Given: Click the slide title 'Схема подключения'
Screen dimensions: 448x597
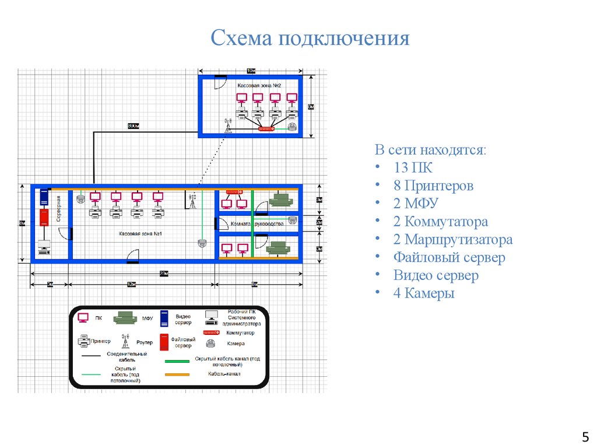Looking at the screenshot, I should (x=310, y=39).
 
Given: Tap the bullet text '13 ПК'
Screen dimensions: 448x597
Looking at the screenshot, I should (x=413, y=168).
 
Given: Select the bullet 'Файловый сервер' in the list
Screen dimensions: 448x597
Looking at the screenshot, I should (x=449, y=257).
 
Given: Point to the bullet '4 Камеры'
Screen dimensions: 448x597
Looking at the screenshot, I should (x=423, y=293).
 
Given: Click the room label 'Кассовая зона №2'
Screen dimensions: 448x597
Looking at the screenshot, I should (x=259, y=85).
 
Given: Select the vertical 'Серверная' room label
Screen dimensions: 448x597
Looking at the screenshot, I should (x=59, y=209).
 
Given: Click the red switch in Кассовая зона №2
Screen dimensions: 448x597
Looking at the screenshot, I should (x=265, y=128).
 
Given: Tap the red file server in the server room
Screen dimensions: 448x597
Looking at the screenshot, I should (x=44, y=217).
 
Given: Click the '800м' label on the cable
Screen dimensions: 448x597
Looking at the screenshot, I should (x=133, y=126).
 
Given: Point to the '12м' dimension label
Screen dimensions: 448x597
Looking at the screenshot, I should (x=132, y=284).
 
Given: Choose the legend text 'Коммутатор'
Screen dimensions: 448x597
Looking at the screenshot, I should (x=241, y=332).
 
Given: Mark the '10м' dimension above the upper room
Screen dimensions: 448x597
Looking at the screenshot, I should (x=251, y=71).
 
